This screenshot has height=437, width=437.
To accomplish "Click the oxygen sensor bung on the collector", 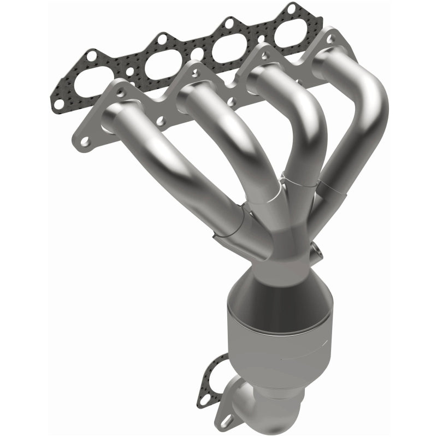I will (x=316, y=253).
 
